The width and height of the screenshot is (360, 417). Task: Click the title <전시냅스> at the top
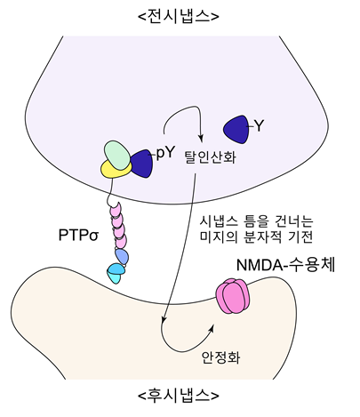tap(179, 17)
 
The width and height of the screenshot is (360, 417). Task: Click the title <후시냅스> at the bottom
tap(179, 395)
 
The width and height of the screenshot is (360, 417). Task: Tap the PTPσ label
tap(78, 236)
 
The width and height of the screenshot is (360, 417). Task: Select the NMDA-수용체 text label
tap(285, 265)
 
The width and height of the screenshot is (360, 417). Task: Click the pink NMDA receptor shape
tap(233, 296)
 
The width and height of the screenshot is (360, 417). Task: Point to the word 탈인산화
tap(210, 156)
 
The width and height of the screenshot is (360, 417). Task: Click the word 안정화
tap(220, 357)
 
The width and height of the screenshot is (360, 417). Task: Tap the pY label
tap(164, 153)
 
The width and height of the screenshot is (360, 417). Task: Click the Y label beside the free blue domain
tap(259, 126)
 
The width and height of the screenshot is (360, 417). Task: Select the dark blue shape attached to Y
tap(236, 130)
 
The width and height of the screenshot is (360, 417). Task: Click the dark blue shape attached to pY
tap(142, 164)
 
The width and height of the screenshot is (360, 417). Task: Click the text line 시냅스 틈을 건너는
tap(256, 221)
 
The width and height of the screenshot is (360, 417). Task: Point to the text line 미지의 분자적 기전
tap(256, 237)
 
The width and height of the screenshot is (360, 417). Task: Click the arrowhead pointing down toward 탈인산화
tap(201, 139)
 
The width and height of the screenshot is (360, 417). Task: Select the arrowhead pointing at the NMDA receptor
tap(212, 328)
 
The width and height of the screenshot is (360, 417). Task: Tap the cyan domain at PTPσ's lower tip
tap(115, 273)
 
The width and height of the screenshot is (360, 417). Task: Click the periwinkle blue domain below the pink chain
tap(122, 256)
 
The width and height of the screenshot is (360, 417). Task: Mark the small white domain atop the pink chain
tap(113, 203)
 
